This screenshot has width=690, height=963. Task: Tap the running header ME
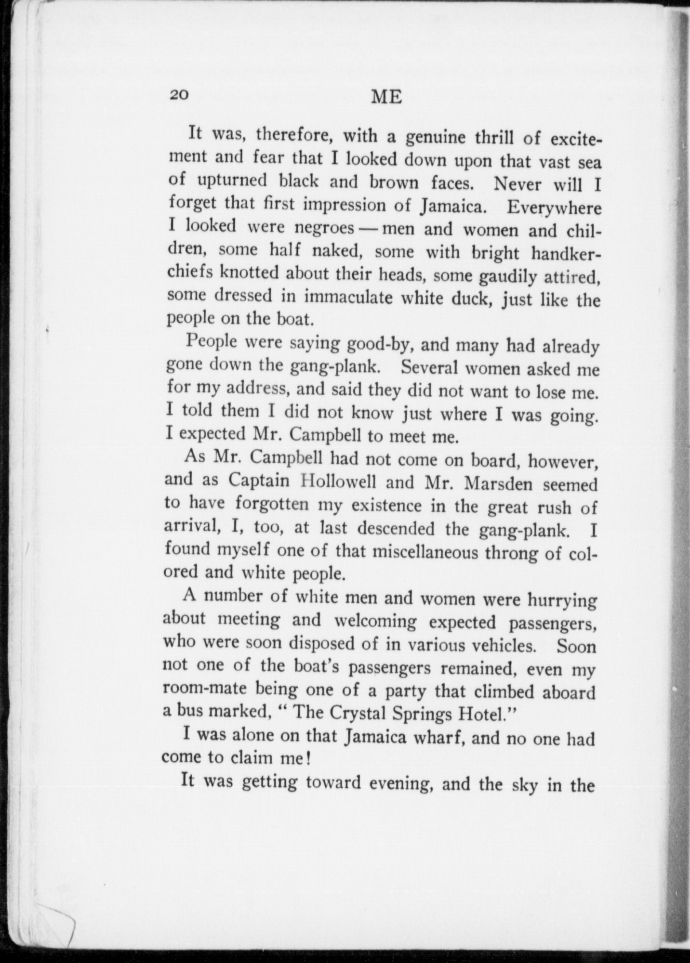(387, 97)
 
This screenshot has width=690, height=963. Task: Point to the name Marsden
(498, 483)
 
